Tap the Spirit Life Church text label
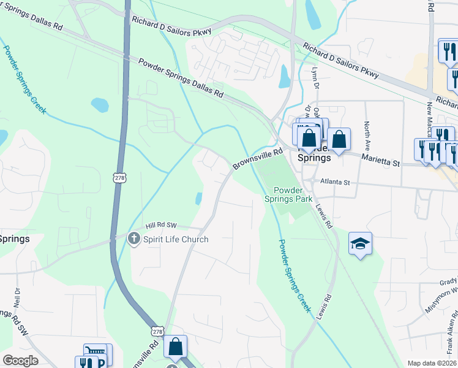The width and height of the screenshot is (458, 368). pyautogui.click(x=176, y=239)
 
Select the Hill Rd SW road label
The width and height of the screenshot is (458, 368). pyautogui.click(x=160, y=226)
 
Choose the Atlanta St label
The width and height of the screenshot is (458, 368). pyautogui.click(x=332, y=182)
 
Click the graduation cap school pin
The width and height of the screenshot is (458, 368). pyautogui.click(x=361, y=244)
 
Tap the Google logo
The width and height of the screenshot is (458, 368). pyautogui.click(x=20, y=360)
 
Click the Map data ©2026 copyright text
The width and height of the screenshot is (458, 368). pyautogui.click(x=432, y=363)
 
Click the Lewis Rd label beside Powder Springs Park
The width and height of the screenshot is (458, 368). pyautogui.click(x=324, y=216)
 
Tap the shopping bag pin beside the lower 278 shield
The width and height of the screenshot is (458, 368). pyautogui.click(x=176, y=347)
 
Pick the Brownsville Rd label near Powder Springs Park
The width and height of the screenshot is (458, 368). pyautogui.click(x=257, y=159)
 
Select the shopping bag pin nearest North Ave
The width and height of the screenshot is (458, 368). pyautogui.click(x=339, y=139)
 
